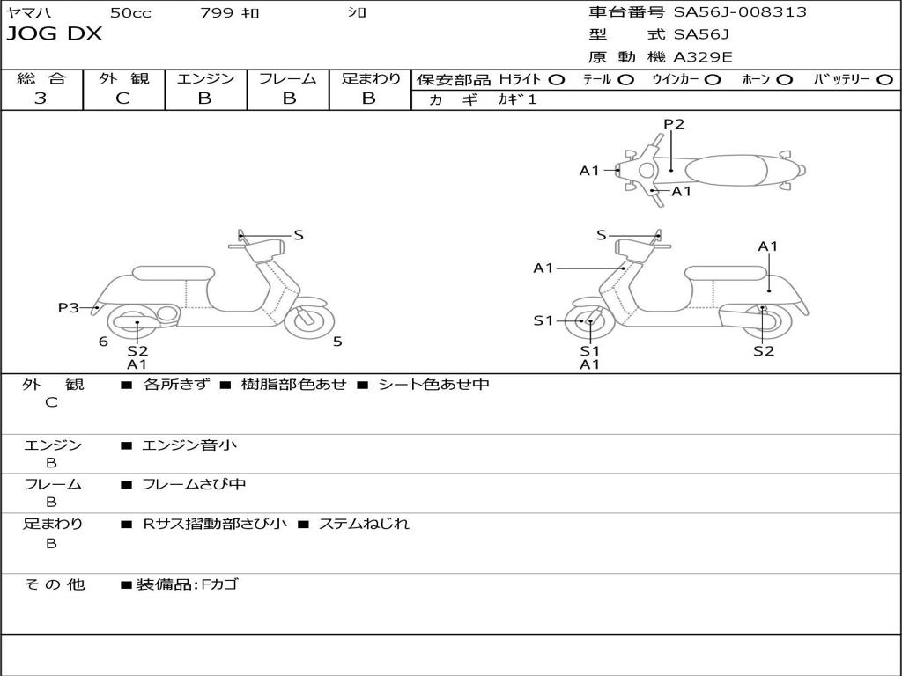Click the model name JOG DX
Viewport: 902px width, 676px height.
pyautogui.click(x=55, y=34)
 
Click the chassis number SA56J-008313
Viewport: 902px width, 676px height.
pyautogui.click(x=740, y=12)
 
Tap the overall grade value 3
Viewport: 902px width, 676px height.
pyautogui.click(x=41, y=99)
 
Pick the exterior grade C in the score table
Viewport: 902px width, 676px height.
pyautogui.click(x=122, y=99)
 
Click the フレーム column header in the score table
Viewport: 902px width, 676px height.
pyautogui.click(x=287, y=78)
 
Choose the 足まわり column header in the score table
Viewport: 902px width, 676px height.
pyautogui.click(x=370, y=78)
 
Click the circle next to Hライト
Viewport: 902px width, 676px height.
pyautogui.click(x=557, y=79)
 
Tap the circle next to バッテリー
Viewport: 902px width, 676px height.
pyautogui.click(x=884, y=79)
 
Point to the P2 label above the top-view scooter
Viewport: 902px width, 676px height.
pyautogui.click(x=674, y=124)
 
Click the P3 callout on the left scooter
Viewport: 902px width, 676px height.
pyautogui.click(x=69, y=307)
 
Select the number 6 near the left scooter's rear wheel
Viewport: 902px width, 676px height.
pyautogui.click(x=103, y=342)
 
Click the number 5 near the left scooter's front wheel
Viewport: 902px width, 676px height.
pyautogui.click(x=337, y=342)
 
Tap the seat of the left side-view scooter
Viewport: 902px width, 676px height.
pyautogui.click(x=173, y=273)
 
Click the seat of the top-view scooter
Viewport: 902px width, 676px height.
pyautogui.click(x=731, y=169)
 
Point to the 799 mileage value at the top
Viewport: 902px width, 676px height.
pyautogui.click(x=216, y=12)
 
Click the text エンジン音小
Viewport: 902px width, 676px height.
pyautogui.click(x=189, y=445)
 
